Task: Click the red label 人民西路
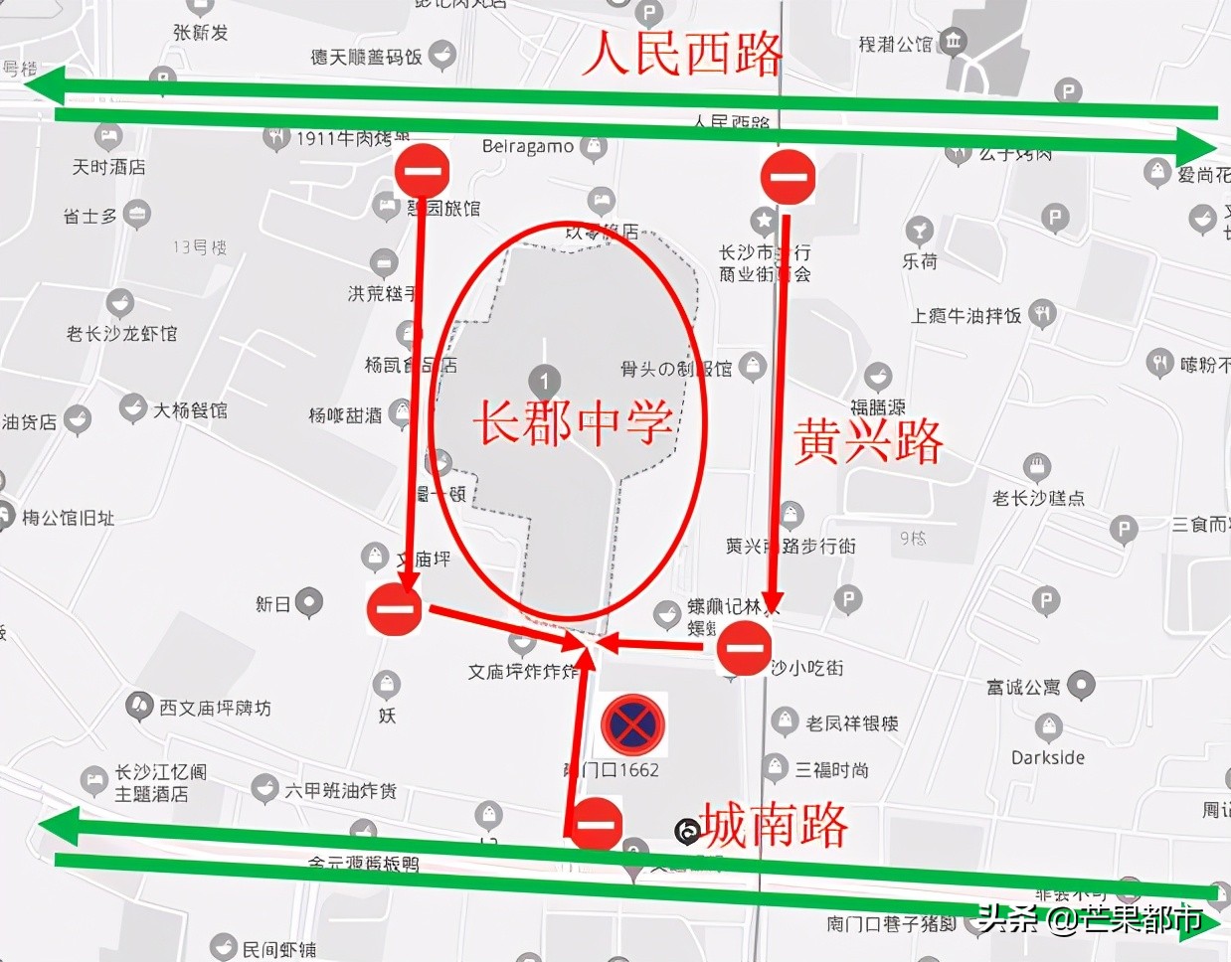[x=682, y=53]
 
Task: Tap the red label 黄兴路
[x=868, y=441]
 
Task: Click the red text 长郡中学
[x=573, y=422]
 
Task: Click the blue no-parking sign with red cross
[x=632, y=723]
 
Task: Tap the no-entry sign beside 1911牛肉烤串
[x=423, y=171]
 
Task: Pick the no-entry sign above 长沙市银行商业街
[x=788, y=177]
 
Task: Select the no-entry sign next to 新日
[x=395, y=610]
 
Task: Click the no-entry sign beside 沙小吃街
[x=744, y=648]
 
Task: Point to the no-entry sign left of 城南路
[x=596, y=823]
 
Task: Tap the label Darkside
[x=1048, y=757]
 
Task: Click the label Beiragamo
[x=528, y=147]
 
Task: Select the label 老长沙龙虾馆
[x=121, y=333]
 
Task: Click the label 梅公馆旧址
[x=68, y=518]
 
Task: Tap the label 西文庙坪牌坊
[x=215, y=708]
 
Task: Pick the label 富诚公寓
[x=1023, y=687]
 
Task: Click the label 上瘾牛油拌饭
[x=966, y=316]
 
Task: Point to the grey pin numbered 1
[x=544, y=381]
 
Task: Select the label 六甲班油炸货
[x=340, y=790]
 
